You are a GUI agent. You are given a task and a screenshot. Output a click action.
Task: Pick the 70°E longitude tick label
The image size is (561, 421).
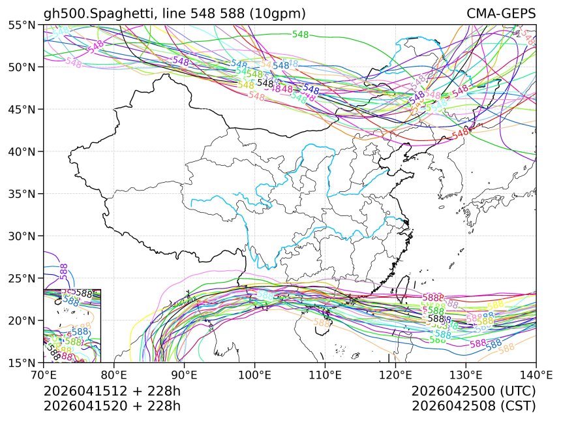tap(44, 375)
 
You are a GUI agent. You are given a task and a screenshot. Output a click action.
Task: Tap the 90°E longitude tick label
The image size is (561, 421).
tap(185, 375)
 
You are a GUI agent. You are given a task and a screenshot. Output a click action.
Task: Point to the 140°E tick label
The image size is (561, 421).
tap(536, 375)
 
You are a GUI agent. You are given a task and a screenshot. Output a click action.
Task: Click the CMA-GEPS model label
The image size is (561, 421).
tap(500, 14)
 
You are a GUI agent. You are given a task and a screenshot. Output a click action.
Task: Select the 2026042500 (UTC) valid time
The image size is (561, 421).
tap(474, 391)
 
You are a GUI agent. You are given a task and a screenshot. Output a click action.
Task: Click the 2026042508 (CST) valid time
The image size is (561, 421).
tap(474, 405)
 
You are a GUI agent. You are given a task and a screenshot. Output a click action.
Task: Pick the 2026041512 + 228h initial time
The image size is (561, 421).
tap(112, 391)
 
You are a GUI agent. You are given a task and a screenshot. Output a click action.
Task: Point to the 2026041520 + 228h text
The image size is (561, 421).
tap(112, 405)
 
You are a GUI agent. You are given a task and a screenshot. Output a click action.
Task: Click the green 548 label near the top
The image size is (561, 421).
tap(300, 35)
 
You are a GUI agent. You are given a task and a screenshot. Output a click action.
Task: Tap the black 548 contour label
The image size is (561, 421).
tap(265, 83)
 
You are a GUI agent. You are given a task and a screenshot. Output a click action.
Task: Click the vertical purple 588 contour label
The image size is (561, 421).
tap(63, 271)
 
